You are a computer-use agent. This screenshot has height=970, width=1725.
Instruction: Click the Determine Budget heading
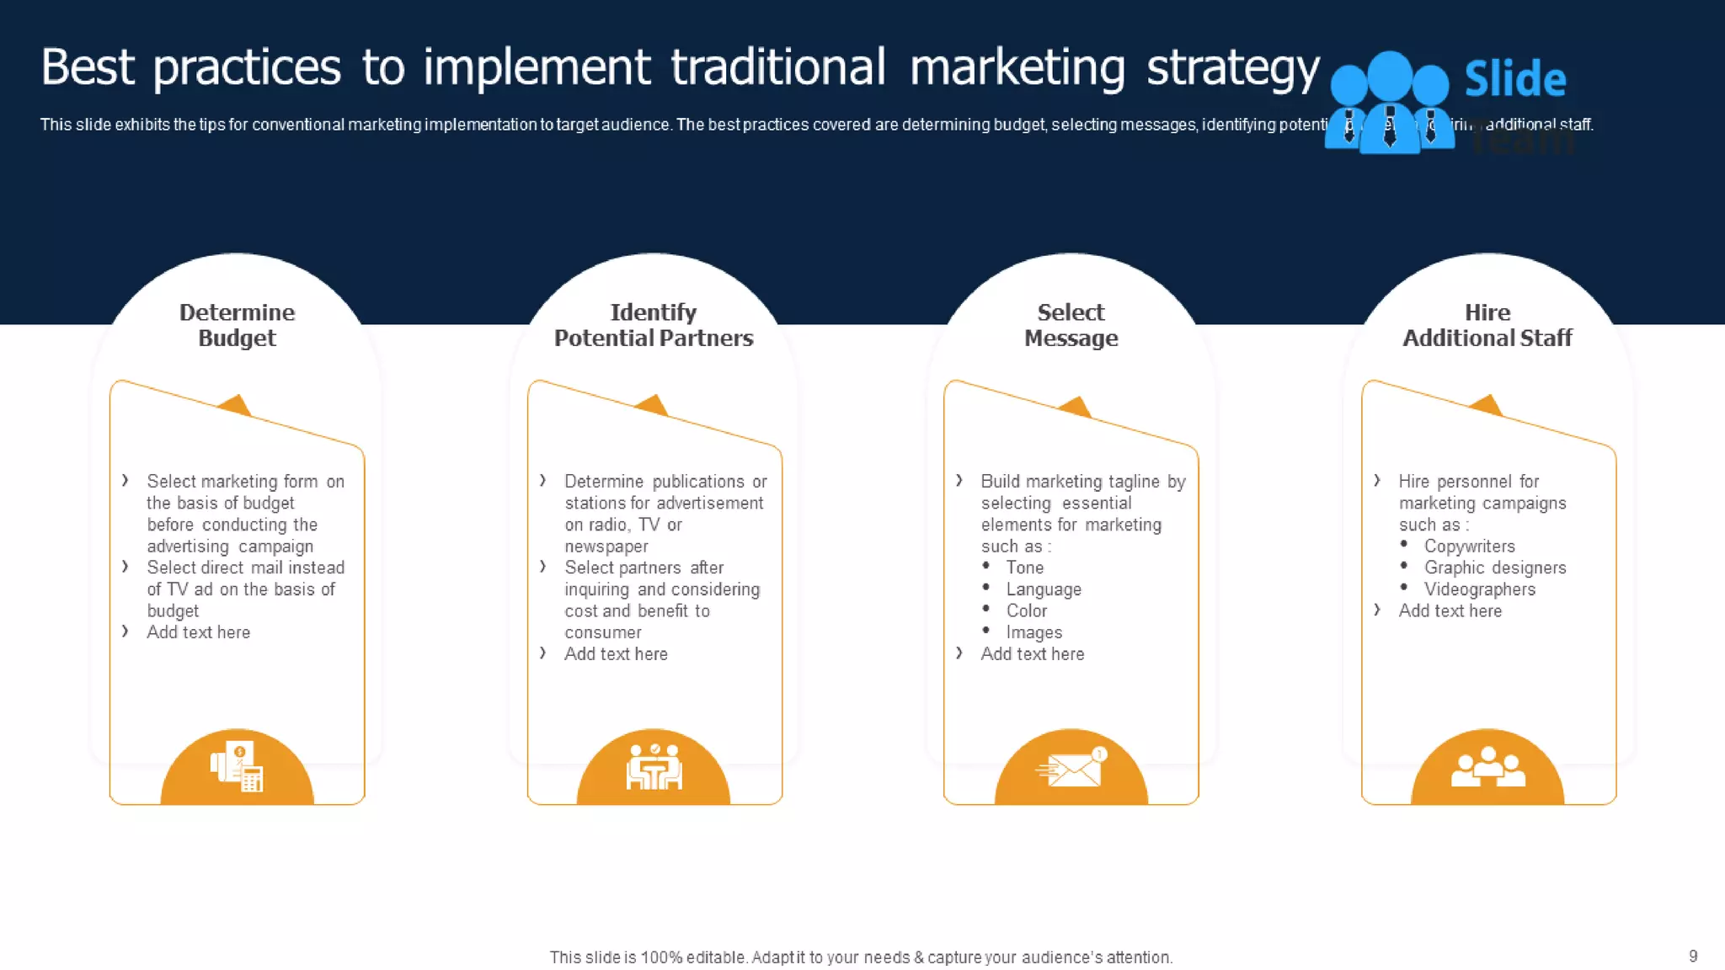click(x=237, y=325)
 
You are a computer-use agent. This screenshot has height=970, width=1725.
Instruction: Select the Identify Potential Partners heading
click(x=654, y=325)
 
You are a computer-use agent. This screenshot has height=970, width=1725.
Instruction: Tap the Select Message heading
click(x=1071, y=325)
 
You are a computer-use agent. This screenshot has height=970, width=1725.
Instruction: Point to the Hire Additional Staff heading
click(x=1487, y=325)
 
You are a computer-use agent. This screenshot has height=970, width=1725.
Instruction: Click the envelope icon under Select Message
click(x=1071, y=767)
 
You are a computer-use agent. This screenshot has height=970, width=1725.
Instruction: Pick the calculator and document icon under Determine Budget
click(x=237, y=766)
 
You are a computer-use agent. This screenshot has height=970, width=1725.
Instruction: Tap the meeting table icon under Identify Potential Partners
click(x=654, y=767)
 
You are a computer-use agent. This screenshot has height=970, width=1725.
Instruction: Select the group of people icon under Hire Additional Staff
click(x=1487, y=767)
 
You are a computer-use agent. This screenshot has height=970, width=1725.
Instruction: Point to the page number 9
click(x=1693, y=956)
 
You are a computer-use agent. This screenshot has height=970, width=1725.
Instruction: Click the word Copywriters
click(x=1469, y=546)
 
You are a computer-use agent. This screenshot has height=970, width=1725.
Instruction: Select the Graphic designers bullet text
click(x=1494, y=568)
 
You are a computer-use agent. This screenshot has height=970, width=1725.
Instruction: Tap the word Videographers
click(x=1479, y=589)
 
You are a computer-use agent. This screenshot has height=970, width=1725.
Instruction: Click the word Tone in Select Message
click(x=1024, y=568)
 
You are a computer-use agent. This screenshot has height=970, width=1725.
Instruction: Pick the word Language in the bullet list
click(x=1043, y=589)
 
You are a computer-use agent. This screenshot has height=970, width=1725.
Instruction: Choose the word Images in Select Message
click(x=1033, y=632)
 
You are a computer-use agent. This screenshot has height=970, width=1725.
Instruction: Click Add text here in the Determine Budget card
click(x=198, y=632)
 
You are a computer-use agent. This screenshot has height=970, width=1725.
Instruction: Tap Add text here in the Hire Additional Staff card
click(x=1450, y=611)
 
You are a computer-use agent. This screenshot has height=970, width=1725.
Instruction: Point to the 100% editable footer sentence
click(x=861, y=957)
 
